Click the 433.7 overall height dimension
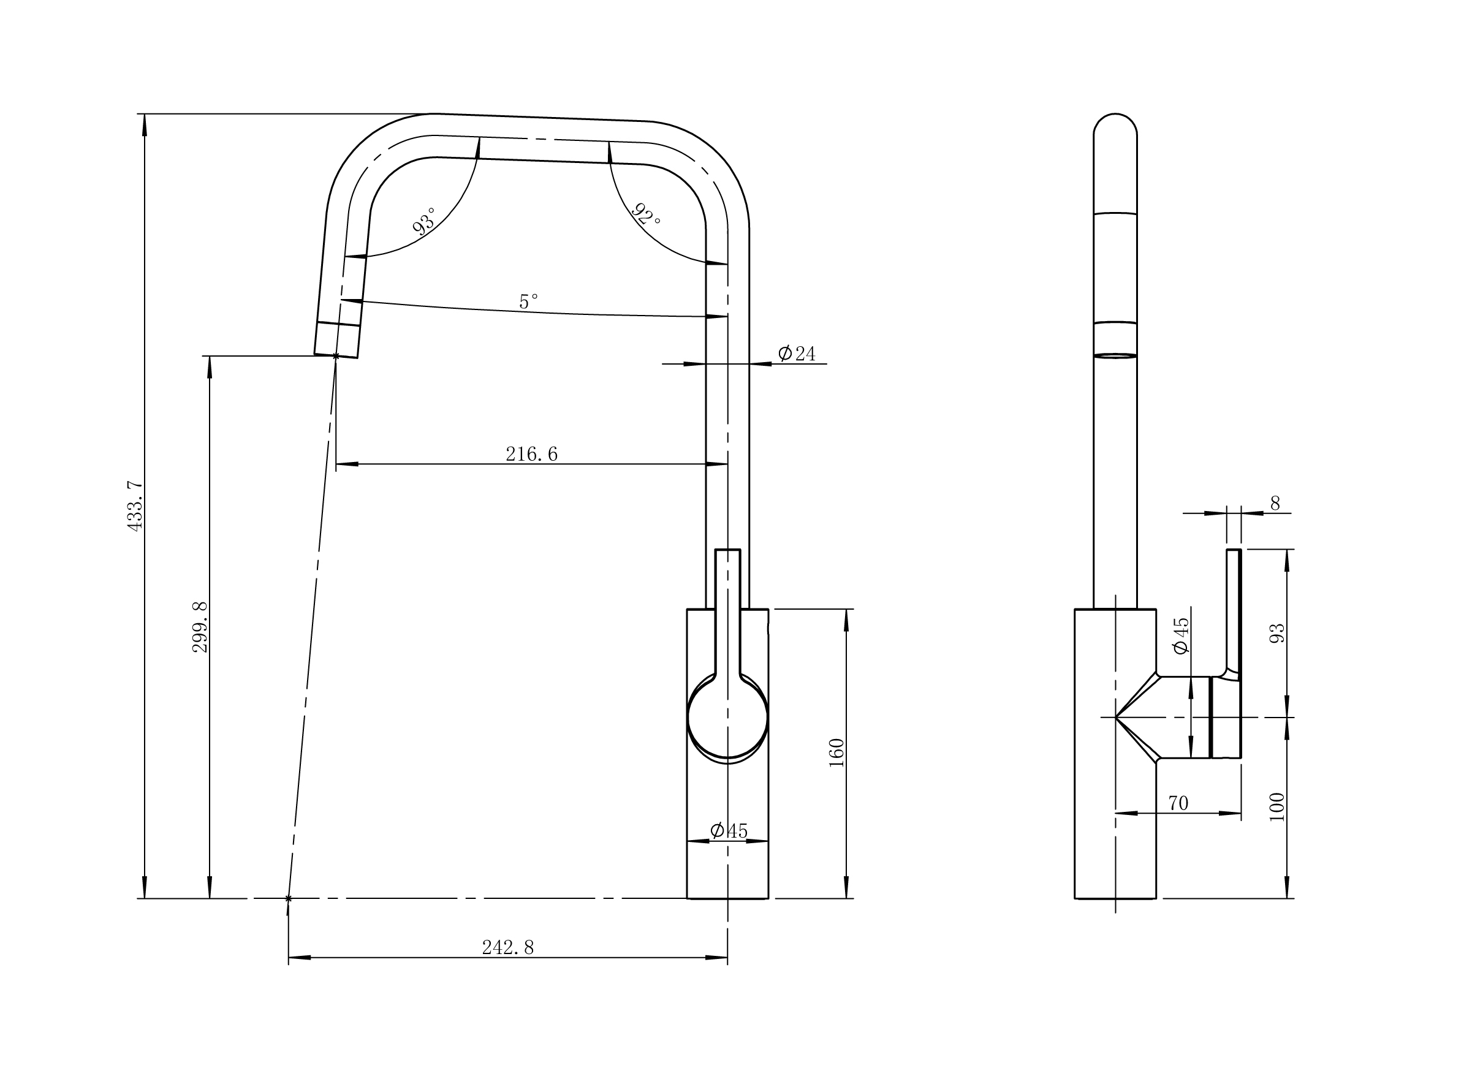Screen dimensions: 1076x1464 click(135, 506)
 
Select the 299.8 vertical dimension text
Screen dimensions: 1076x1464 click(200, 627)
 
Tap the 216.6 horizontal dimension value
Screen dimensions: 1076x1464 click(531, 454)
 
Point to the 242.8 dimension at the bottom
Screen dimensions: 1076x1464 click(507, 948)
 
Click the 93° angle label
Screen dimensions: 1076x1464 click(425, 221)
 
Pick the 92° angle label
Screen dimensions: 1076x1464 click(647, 214)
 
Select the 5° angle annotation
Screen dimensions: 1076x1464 click(528, 301)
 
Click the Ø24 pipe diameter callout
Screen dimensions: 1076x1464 click(797, 354)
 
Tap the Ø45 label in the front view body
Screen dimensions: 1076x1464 click(729, 831)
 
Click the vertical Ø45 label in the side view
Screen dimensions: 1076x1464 click(1180, 635)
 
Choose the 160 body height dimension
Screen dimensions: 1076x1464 click(837, 752)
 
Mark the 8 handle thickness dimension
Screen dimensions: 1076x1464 click(1275, 504)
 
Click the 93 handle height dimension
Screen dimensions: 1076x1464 click(1278, 633)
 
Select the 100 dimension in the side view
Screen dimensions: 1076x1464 click(1278, 806)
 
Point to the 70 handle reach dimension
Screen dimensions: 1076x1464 click(1178, 803)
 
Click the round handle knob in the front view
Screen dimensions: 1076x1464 click(727, 716)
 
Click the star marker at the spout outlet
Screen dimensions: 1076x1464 click(336, 355)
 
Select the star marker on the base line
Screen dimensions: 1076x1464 click(289, 898)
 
